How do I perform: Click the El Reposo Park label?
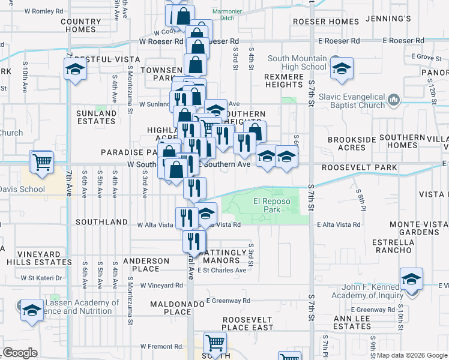(x=267, y=206)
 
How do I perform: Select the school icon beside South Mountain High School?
(x=342, y=69)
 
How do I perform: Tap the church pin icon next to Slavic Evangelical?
(x=394, y=98)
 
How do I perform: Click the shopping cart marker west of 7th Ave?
(x=41, y=161)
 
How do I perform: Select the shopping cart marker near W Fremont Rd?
(x=215, y=343)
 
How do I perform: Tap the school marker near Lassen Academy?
(x=32, y=310)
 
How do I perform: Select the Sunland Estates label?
(x=96, y=117)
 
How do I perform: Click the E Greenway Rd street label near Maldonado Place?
(x=228, y=300)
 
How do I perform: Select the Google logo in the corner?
(x=20, y=353)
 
